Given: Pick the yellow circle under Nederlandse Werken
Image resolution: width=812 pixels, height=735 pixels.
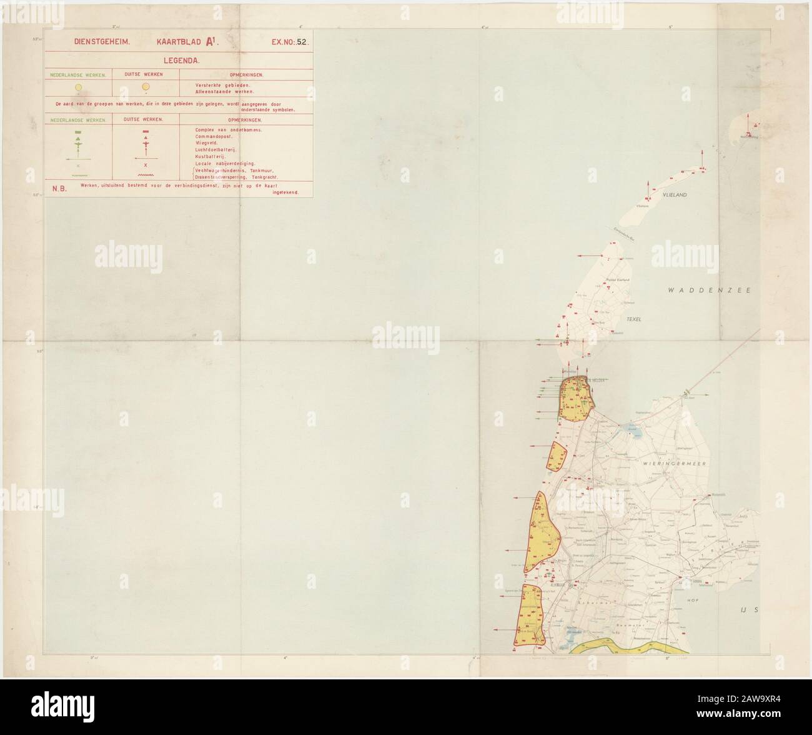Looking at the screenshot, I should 78,87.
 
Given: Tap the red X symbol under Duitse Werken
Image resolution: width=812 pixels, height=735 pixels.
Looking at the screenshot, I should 146,165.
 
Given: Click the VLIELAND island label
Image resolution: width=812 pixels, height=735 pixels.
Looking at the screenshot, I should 675,195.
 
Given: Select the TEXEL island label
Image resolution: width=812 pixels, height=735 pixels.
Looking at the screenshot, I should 635,319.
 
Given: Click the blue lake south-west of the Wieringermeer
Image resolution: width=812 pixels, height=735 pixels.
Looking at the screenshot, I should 626,429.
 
